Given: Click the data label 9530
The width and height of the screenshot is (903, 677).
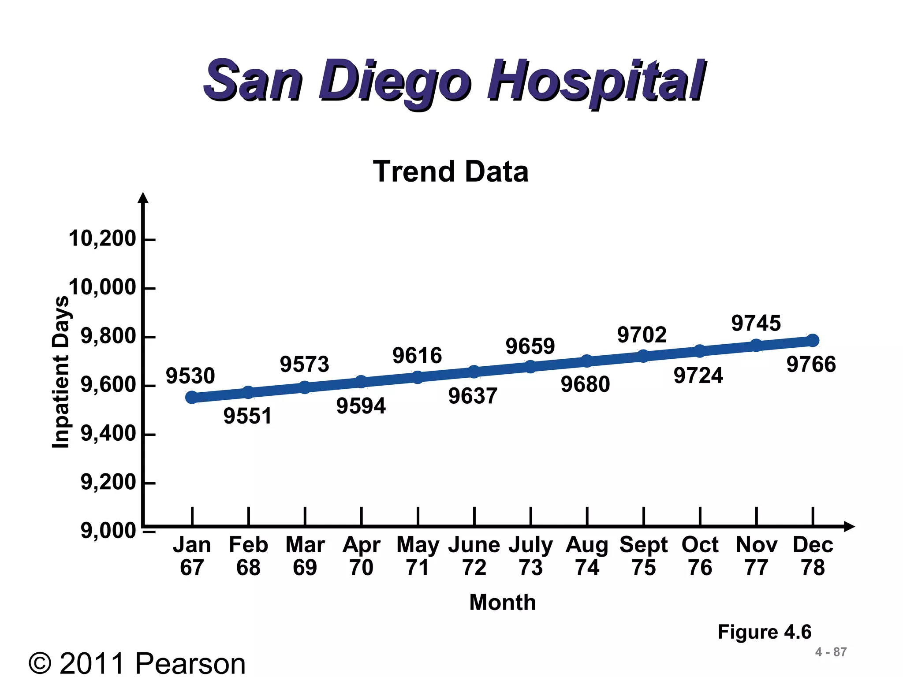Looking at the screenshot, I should pyautogui.click(x=190, y=376).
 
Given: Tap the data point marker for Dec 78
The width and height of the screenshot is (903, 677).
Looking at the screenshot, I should pyautogui.click(x=813, y=340).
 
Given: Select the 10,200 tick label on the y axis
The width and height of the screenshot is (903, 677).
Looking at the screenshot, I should pyautogui.click(x=102, y=239).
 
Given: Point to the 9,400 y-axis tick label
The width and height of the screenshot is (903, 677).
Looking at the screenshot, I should pyautogui.click(x=108, y=434).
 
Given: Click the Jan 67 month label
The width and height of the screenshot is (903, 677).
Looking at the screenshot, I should pyautogui.click(x=192, y=556).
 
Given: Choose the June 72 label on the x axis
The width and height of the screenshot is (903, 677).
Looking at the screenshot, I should pyautogui.click(x=474, y=556).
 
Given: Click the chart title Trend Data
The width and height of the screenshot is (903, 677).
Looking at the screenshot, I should pyautogui.click(x=451, y=171).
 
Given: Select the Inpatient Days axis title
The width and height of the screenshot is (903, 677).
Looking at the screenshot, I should pyautogui.click(x=61, y=372).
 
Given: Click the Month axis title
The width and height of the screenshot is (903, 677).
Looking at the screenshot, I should pyautogui.click(x=503, y=602).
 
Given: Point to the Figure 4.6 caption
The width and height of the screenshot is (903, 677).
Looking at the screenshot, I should pyautogui.click(x=764, y=632).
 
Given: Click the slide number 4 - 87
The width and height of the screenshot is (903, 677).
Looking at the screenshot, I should pyautogui.click(x=831, y=652).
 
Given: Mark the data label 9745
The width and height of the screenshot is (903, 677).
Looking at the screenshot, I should pyautogui.click(x=756, y=323).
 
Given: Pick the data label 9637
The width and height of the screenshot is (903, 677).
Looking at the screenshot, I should pyautogui.click(x=473, y=396).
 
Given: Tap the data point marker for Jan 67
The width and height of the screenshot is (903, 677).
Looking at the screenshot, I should pyautogui.click(x=192, y=398).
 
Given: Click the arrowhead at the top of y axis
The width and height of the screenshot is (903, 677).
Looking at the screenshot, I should pyautogui.click(x=143, y=198).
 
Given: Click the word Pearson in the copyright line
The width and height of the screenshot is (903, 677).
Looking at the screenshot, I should pyautogui.click(x=190, y=663).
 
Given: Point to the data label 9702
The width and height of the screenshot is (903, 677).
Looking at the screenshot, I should pyautogui.click(x=642, y=335).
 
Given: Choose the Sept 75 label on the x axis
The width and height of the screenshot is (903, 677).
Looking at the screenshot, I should pyautogui.click(x=643, y=556).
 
